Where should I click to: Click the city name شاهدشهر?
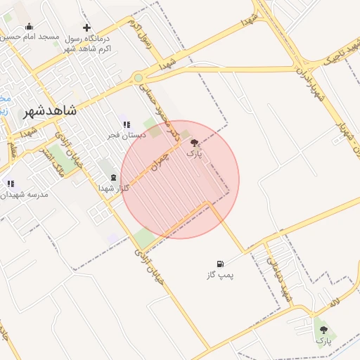pyautogui.click(x=50, y=112)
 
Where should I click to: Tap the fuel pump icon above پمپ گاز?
pyautogui.click(x=221, y=264)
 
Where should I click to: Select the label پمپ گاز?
pyautogui.click(x=220, y=275)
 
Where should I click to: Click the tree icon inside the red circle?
pyautogui.click(x=194, y=142)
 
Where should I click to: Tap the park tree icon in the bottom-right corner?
pyautogui.click(x=323, y=329)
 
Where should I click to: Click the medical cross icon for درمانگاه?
pyautogui.click(x=86, y=27)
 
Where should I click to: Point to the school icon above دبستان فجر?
pyautogui.click(x=127, y=124)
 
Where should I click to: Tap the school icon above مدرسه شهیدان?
pyautogui.click(x=10, y=184)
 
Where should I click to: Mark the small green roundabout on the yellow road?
pyautogui.click(x=139, y=78)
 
